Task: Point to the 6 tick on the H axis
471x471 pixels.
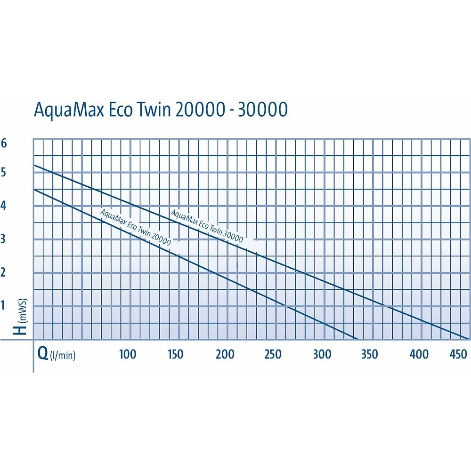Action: point(4,143)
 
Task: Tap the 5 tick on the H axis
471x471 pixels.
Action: point(4,173)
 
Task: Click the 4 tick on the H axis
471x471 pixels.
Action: point(4,206)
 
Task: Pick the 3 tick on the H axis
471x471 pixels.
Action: point(4,239)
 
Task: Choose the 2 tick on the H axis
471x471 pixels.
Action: point(4,272)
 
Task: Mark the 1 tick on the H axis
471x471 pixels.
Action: point(4,305)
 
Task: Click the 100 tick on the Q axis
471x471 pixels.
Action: point(127,354)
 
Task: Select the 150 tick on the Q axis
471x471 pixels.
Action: point(176,354)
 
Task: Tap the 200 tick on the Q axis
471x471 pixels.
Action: point(225,354)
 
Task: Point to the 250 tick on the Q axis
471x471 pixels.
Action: point(273,354)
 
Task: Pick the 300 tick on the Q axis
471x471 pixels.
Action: point(322,354)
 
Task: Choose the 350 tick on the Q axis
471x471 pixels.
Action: point(369,354)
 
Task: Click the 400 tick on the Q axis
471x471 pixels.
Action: point(419,354)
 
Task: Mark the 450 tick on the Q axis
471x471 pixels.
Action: point(458,354)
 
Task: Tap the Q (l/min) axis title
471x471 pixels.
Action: point(57,354)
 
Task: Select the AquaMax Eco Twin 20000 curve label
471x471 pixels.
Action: point(136,226)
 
